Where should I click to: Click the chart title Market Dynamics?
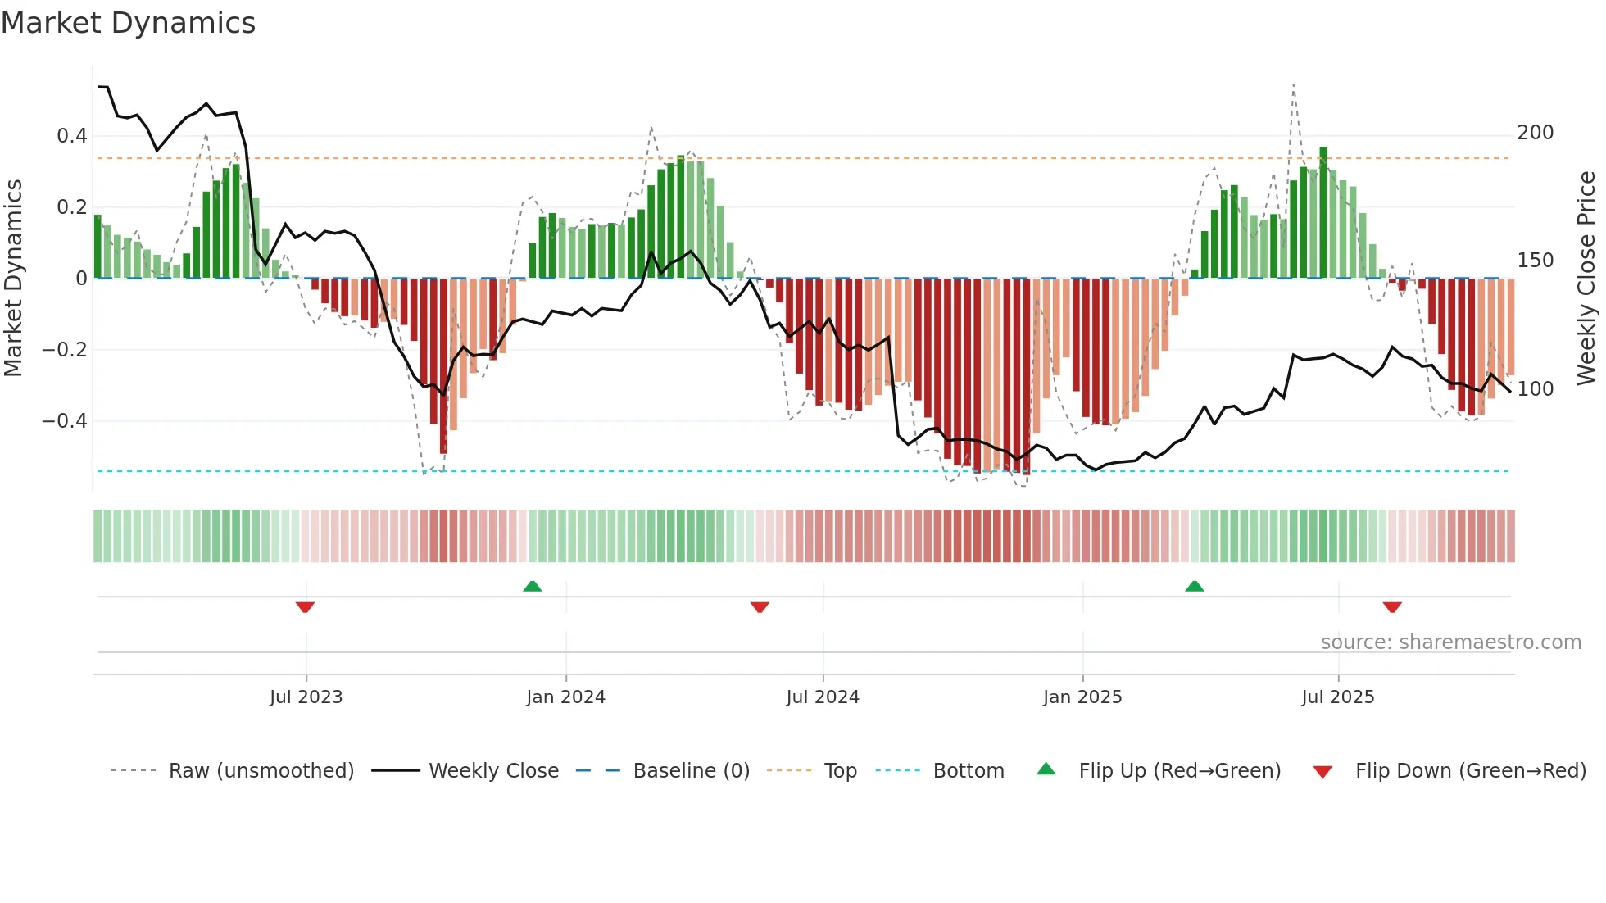[128, 23]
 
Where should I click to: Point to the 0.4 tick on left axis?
[72, 136]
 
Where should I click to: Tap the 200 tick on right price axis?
[1535, 133]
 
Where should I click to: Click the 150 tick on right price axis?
[1535, 261]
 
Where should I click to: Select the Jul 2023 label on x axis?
[306, 697]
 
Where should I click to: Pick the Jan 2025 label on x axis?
[1082, 697]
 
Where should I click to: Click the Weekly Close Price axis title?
[1586, 279]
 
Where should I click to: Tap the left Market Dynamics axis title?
[13, 279]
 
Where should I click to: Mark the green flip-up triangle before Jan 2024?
[533, 586]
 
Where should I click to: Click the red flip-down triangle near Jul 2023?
[305, 607]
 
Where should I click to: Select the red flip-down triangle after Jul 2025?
[1392, 607]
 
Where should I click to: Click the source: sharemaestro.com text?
[1450, 642]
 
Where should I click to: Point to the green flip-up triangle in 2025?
[1195, 586]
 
